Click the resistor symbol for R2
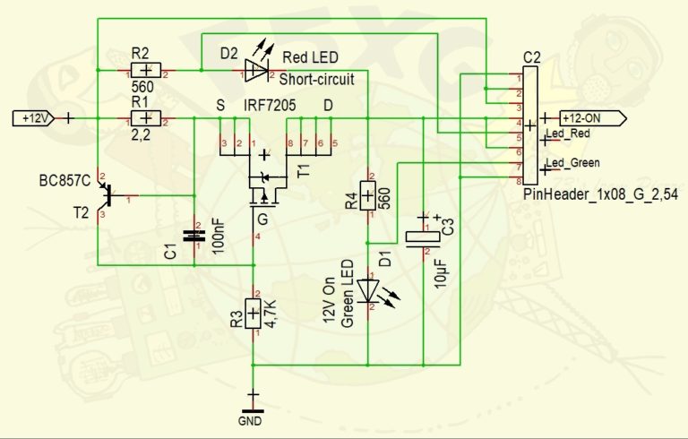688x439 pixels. [x=145, y=70]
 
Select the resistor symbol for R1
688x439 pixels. [x=145, y=117]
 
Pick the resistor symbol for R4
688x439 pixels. [x=368, y=194]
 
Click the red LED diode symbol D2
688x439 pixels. [x=256, y=63]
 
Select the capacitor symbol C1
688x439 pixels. [x=193, y=237]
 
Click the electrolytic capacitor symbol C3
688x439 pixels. [x=422, y=237]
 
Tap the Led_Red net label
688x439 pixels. [x=571, y=134]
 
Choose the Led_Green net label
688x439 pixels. [x=574, y=162]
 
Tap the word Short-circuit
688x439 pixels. [x=317, y=79]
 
